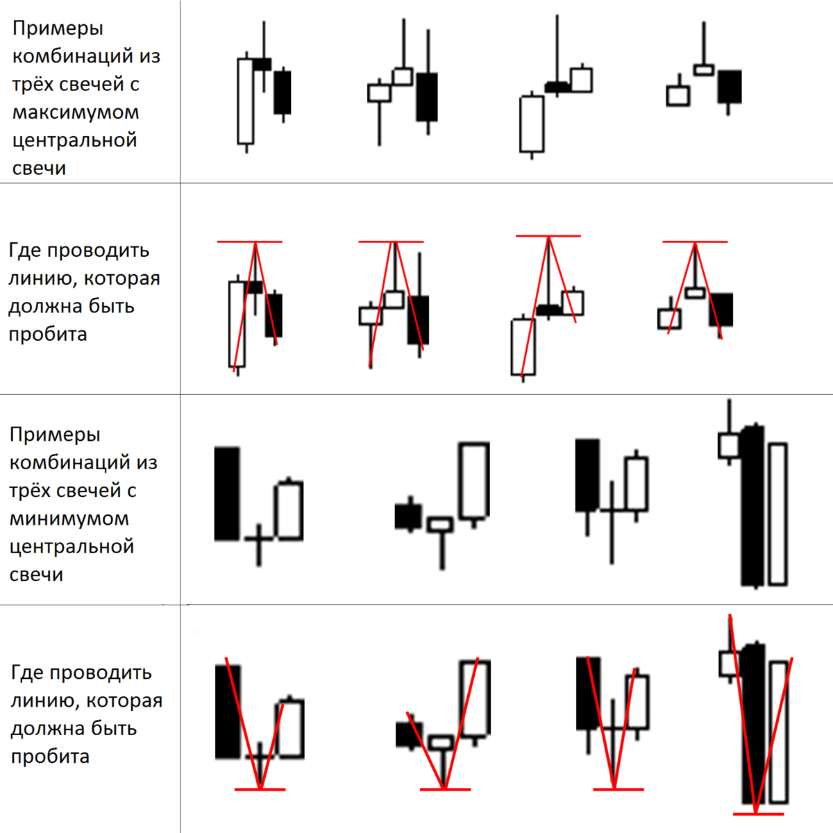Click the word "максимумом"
tap(75, 112)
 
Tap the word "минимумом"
tap(69, 519)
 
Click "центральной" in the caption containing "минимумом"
tap(71, 546)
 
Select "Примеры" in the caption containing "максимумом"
tap(58, 28)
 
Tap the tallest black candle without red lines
tap(752, 507)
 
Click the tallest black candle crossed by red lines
tap(752, 722)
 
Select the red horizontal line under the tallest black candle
tap(758, 814)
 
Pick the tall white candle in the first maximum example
tap(245, 101)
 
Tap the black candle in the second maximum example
tap(427, 96)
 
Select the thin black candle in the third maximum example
tap(557, 87)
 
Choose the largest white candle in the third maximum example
tap(532, 124)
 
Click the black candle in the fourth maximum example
tap(729, 87)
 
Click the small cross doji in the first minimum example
tap(258, 538)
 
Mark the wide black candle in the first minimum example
tap(227, 494)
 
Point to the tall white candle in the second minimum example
tap(474, 480)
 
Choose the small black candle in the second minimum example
tap(408, 516)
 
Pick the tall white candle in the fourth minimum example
tap(777, 514)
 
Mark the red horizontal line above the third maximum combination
tap(548, 236)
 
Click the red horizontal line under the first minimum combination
tap(260, 789)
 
